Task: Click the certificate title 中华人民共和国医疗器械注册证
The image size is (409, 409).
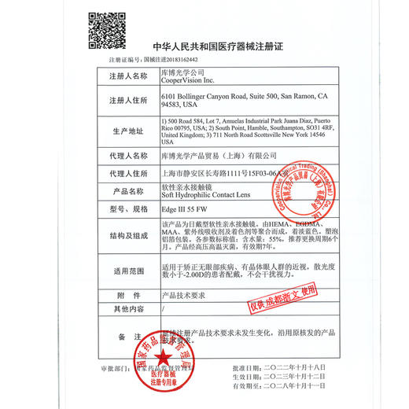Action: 223,47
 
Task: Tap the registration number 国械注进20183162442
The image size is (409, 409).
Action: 167,59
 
